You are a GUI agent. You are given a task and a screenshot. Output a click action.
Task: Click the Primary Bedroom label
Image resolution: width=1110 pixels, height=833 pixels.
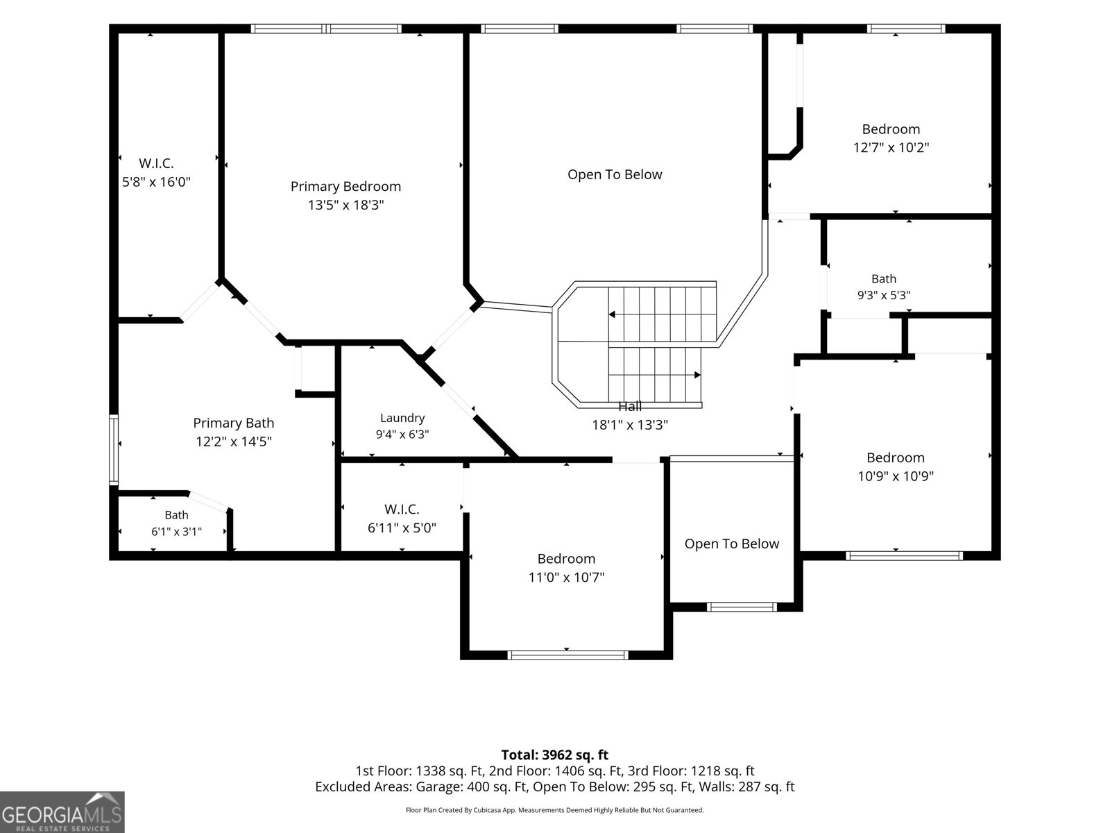(345, 186)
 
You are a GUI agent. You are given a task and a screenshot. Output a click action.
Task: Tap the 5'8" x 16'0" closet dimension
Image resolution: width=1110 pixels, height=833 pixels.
(156, 182)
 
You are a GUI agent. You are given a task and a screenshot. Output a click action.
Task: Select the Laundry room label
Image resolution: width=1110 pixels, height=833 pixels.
(402, 418)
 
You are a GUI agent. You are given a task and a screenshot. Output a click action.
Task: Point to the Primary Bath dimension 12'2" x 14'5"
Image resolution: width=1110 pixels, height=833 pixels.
(234, 441)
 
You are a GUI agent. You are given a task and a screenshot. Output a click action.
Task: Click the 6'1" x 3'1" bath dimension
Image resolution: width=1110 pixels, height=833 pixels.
(176, 532)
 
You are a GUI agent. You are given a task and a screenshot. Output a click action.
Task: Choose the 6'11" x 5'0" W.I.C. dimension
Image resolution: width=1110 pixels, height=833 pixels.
(402, 528)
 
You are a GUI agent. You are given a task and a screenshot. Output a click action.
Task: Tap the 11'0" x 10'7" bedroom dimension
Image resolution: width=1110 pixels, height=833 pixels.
(566, 577)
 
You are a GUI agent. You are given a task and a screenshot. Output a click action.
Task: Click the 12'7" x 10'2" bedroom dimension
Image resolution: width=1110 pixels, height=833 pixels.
(891, 148)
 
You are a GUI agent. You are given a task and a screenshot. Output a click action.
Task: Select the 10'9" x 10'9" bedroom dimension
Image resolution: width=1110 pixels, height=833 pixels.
(896, 476)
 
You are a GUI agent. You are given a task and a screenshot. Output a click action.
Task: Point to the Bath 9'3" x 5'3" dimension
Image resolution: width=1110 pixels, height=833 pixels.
(883, 295)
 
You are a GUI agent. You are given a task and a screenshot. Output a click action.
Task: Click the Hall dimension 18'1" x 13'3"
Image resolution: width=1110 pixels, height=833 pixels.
(630, 425)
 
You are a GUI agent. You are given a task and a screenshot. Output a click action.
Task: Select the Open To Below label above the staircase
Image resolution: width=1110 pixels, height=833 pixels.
(615, 174)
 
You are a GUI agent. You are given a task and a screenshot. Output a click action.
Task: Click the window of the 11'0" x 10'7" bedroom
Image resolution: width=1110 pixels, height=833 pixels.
(568, 655)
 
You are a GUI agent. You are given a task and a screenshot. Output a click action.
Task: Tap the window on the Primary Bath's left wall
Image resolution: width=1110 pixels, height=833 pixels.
(114, 450)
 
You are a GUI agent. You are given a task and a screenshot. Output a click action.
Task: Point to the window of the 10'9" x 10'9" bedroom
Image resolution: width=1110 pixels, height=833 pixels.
(904, 556)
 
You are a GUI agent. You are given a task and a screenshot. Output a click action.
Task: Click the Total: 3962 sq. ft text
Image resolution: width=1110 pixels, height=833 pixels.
(555, 755)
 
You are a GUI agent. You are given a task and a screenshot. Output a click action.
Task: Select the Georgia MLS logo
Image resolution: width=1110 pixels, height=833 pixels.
(62, 812)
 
